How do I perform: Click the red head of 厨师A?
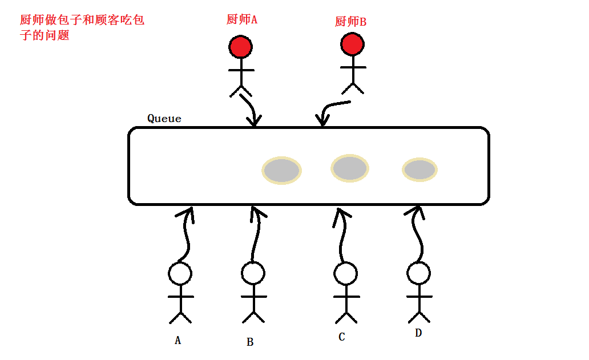[x=240, y=46]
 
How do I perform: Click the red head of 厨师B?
[x=352, y=44]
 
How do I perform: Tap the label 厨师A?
[x=242, y=19]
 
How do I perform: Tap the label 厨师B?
[x=350, y=22]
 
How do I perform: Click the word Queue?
[x=164, y=119]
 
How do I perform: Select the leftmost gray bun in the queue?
[x=282, y=171]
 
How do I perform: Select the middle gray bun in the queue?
[x=350, y=168]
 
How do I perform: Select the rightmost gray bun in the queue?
[x=420, y=169]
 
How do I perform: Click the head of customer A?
[x=180, y=274]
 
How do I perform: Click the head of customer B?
[x=253, y=273]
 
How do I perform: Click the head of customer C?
[x=345, y=274]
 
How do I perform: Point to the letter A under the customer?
[x=177, y=341]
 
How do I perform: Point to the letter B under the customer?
[x=250, y=342]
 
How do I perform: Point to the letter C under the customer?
[x=341, y=337]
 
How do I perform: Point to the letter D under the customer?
[x=418, y=333]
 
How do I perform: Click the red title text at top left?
[x=82, y=27]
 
